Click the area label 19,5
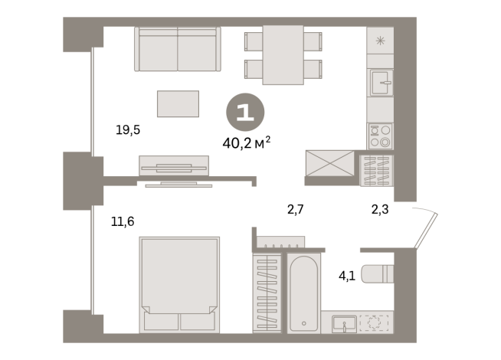click(128, 130)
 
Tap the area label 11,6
click(123, 222)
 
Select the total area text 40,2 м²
click(245, 142)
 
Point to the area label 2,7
click(296, 208)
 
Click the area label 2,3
click(379, 208)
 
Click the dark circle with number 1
click(245, 113)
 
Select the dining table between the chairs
click(283, 54)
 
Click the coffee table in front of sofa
click(178, 103)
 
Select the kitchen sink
click(381, 83)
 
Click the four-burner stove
click(380, 136)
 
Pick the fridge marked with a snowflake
click(380, 40)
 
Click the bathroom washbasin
click(344, 323)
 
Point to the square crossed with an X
click(330, 163)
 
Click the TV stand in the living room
click(174, 165)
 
